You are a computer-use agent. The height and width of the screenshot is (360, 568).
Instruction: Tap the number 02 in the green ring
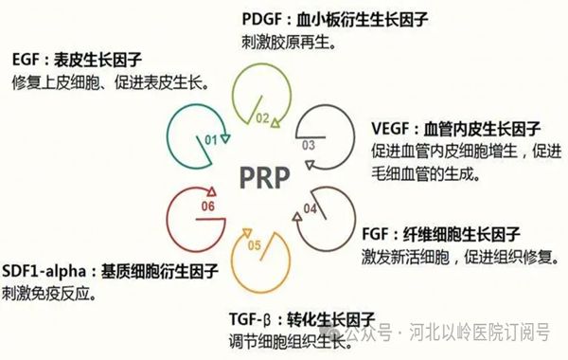point(261,119)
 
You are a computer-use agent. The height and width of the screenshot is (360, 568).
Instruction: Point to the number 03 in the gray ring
point(309,146)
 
